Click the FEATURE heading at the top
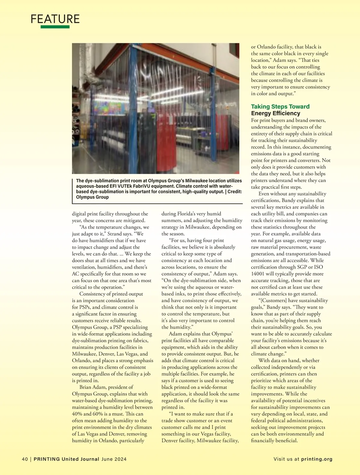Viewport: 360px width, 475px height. click(x=55, y=19)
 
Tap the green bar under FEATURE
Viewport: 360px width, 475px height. click(x=55, y=27)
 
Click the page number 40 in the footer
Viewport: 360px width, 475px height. click(x=25, y=459)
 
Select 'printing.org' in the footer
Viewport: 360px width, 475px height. click(x=317, y=459)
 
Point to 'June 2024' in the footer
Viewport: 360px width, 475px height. click(x=114, y=459)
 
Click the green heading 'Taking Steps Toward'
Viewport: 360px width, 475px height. click(x=280, y=107)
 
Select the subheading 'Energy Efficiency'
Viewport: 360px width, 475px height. click(x=275, y=113)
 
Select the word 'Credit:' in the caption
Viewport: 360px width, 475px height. click(x=234, y=192)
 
